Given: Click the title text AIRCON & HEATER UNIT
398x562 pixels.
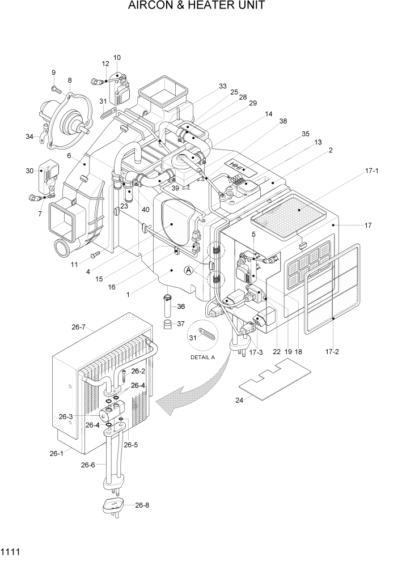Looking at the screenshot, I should (196, 6).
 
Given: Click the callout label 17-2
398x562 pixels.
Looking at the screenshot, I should (332, 351).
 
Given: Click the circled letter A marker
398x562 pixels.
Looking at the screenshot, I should (189, 272).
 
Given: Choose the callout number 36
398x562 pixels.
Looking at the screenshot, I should (181, 306).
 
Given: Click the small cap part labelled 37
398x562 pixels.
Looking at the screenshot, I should (168, 324).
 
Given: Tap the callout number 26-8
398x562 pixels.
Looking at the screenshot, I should (142, 504).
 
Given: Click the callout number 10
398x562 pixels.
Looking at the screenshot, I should (117, 58).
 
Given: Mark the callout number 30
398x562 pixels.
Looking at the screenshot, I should (29, 171).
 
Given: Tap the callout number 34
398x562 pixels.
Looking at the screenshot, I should (29, 135).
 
